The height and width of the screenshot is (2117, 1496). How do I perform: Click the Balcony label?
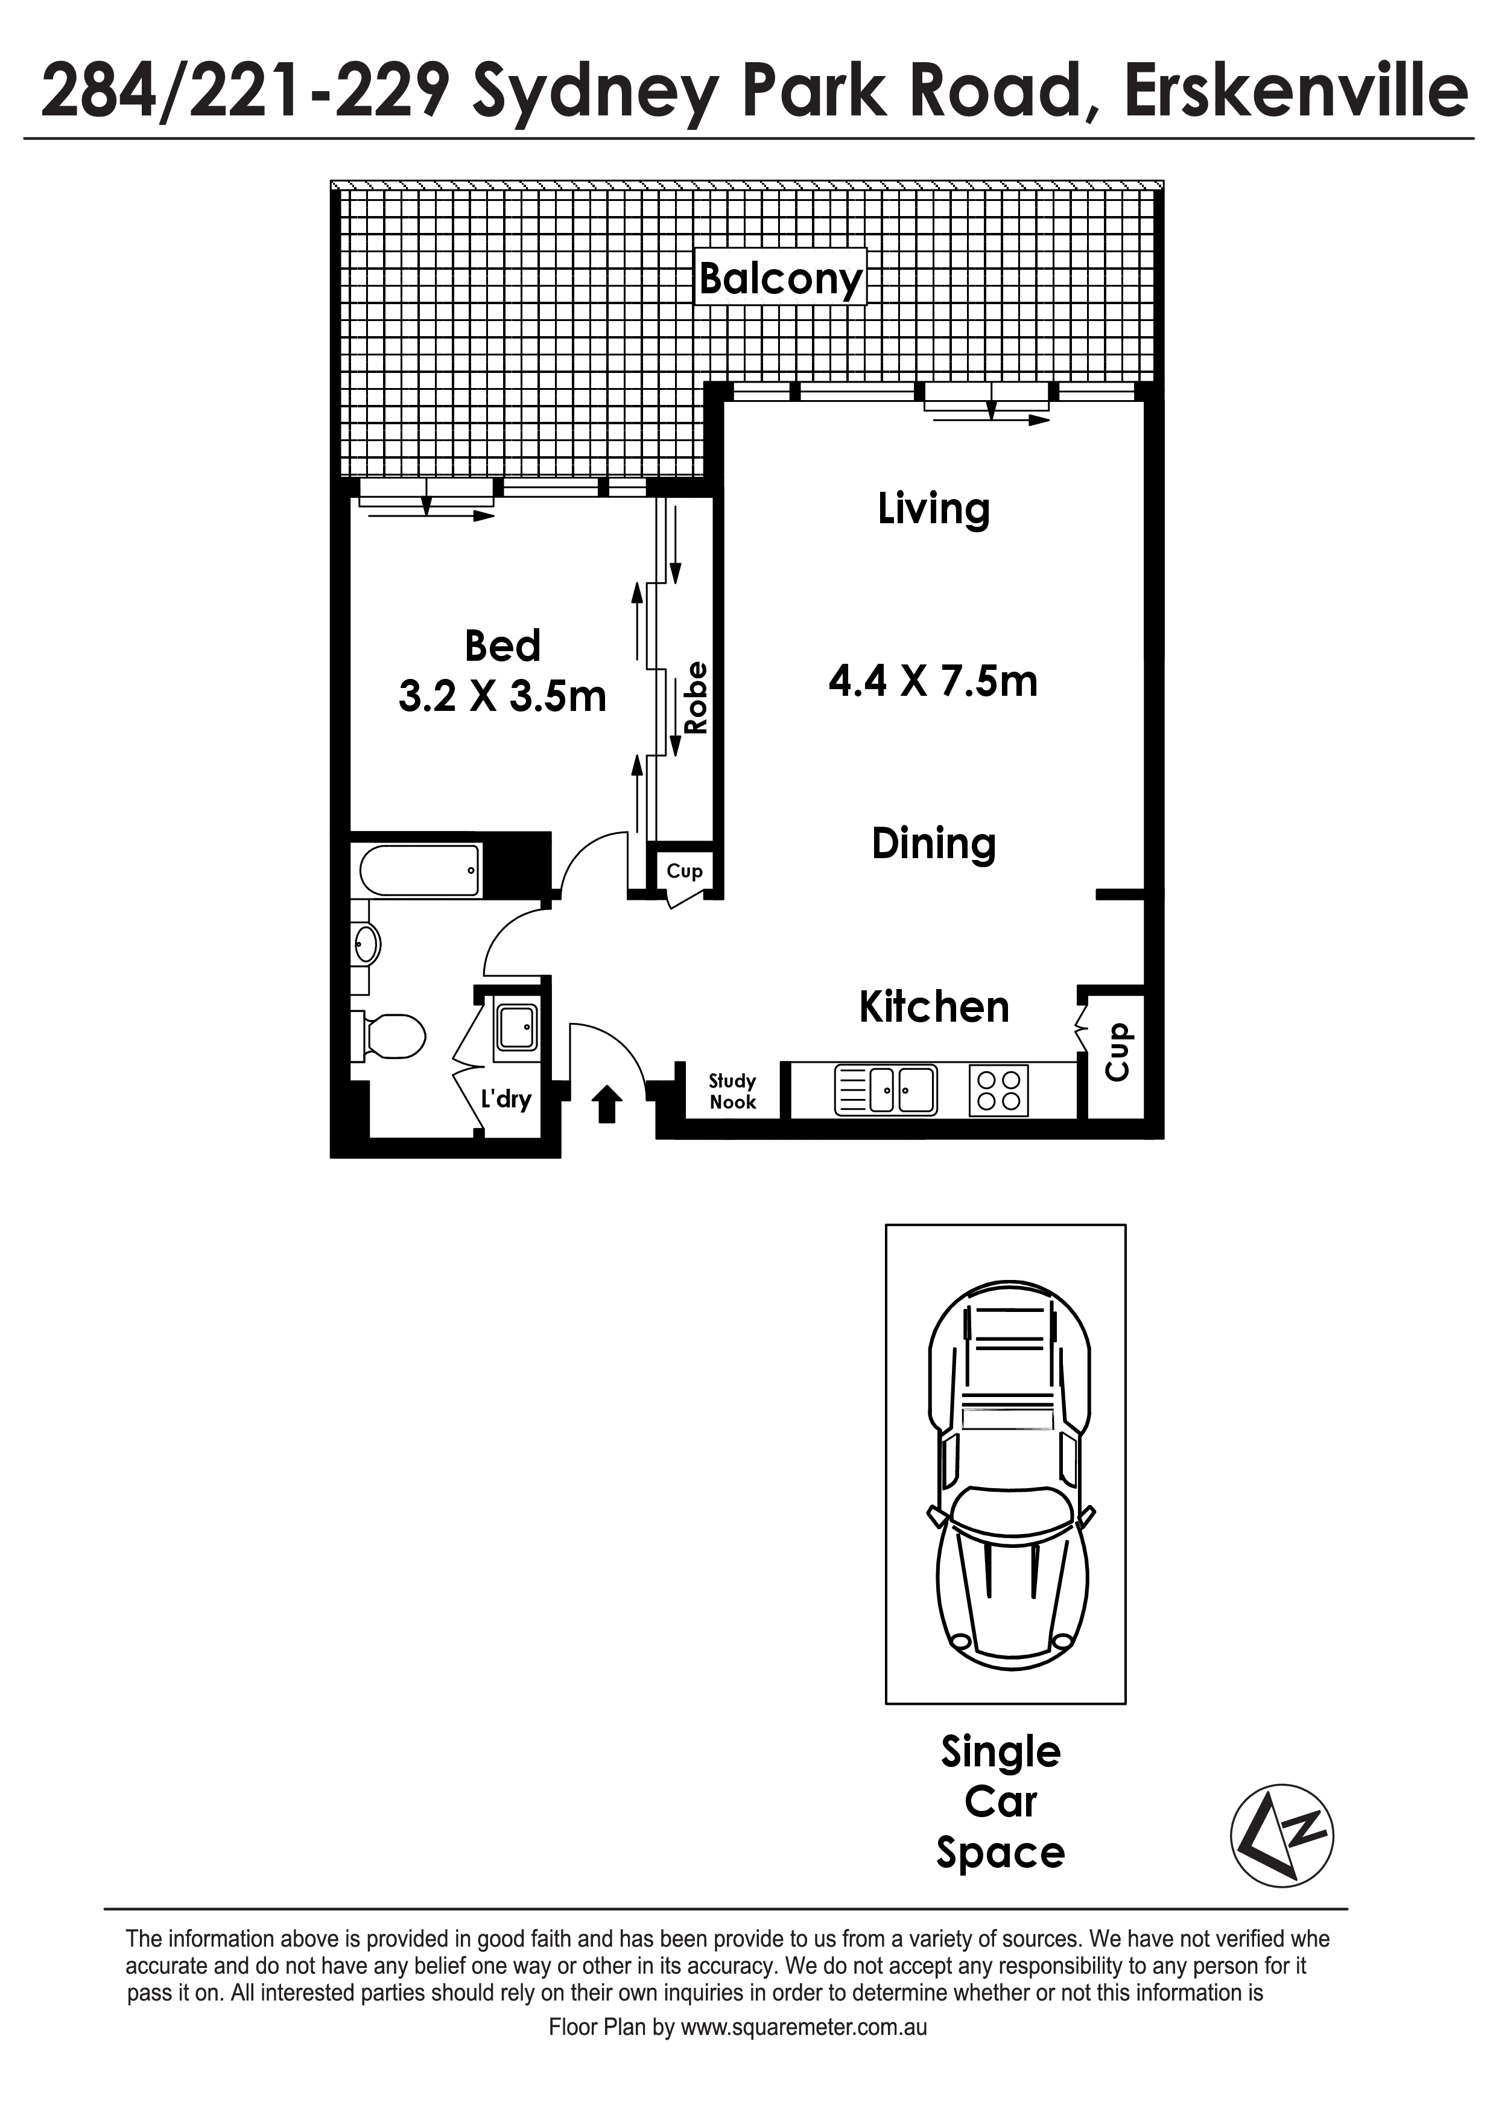point(781,278)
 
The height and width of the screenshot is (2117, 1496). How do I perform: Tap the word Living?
point(934,509)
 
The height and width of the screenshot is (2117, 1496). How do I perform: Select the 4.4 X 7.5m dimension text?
point(933,681)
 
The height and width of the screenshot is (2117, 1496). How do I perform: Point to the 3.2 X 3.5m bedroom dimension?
point(502,696)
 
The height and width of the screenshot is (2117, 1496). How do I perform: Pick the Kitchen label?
point(934,1007)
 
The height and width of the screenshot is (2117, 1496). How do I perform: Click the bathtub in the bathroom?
point(419,870)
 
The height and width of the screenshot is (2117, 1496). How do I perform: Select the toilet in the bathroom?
point(388,1036)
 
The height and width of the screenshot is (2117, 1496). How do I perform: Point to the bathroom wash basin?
point(366,944)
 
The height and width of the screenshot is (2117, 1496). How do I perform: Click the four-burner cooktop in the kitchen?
point(998,1090)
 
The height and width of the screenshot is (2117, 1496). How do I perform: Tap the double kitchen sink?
point(886,1090)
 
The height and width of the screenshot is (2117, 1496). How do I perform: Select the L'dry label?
point(506,1099)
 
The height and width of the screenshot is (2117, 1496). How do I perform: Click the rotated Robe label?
point(696,698)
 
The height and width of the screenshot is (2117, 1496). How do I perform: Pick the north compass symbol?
point(1282,1835)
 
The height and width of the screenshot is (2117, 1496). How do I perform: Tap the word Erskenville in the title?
point(1296,91)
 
